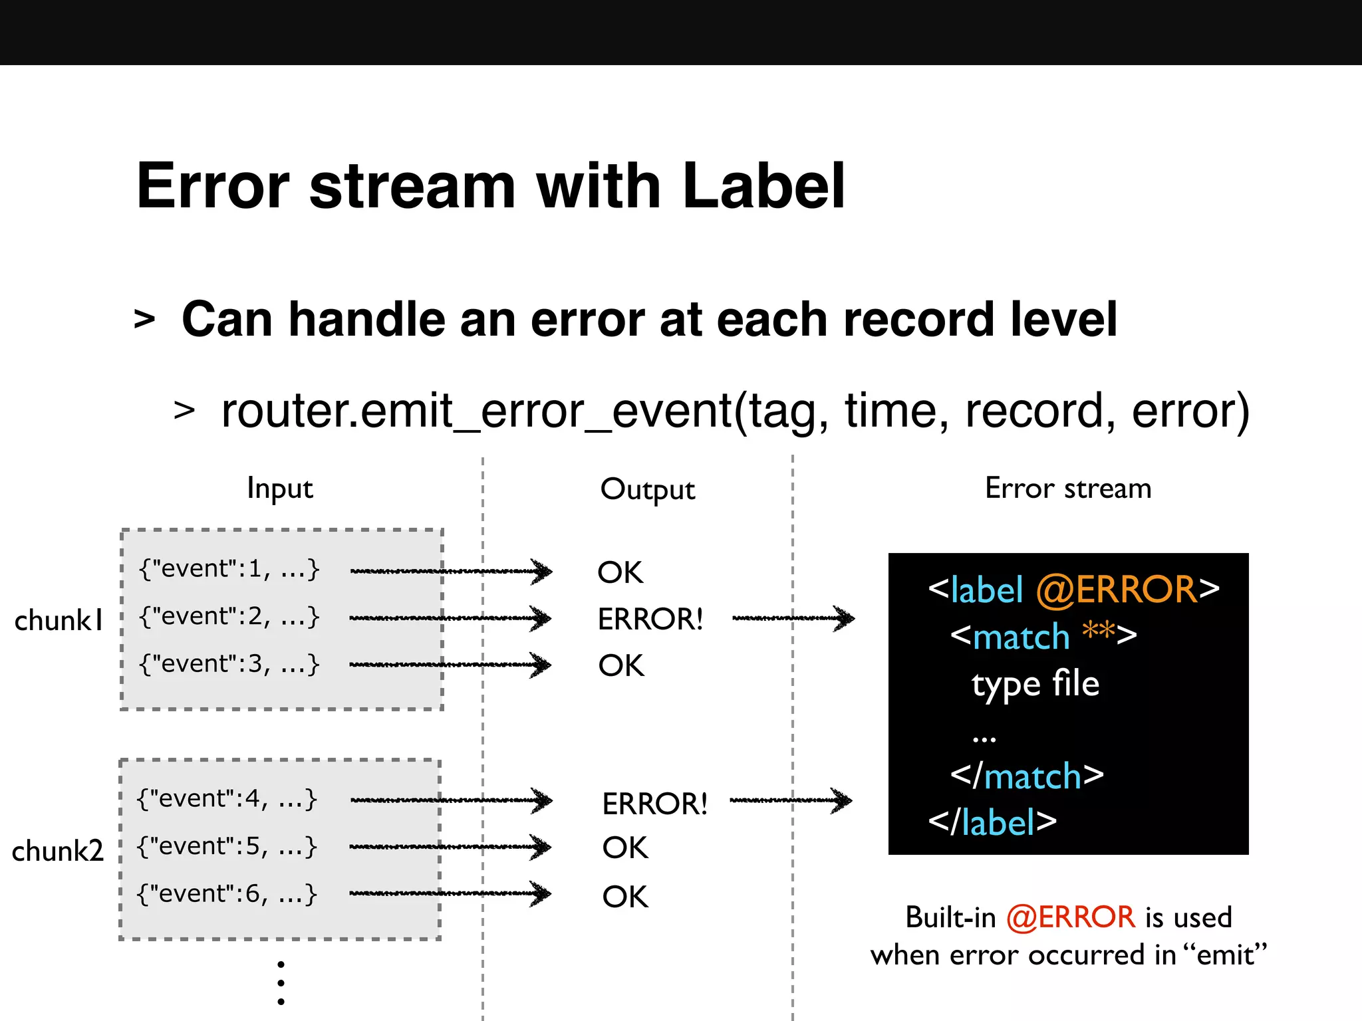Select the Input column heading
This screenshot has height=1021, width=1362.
coord(279,489)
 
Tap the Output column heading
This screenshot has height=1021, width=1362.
coord(647,490)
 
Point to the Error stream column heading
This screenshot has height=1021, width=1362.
coord(1068,489)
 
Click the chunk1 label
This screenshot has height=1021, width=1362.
coord(59,621)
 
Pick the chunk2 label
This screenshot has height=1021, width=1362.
coord(58,851)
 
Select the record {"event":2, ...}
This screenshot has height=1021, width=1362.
coord(229,617)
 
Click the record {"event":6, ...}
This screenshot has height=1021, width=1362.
coord(227,894)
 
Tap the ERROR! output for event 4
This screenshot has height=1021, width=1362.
coord(654,804)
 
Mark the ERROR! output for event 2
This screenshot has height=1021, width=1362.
coord(650,620)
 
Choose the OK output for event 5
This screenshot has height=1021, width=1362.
coord(624,848)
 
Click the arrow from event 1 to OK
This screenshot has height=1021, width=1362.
coord(451,571)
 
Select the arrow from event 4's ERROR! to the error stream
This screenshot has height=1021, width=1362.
coord(791,800)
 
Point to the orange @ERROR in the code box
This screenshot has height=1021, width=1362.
coord(1116,590)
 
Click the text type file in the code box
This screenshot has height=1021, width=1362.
coord(1035,685)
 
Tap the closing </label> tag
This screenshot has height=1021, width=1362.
coord(992,823)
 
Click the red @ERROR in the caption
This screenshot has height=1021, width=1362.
coord(1070,917)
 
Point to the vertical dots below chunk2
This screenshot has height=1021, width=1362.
coord(281,982)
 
